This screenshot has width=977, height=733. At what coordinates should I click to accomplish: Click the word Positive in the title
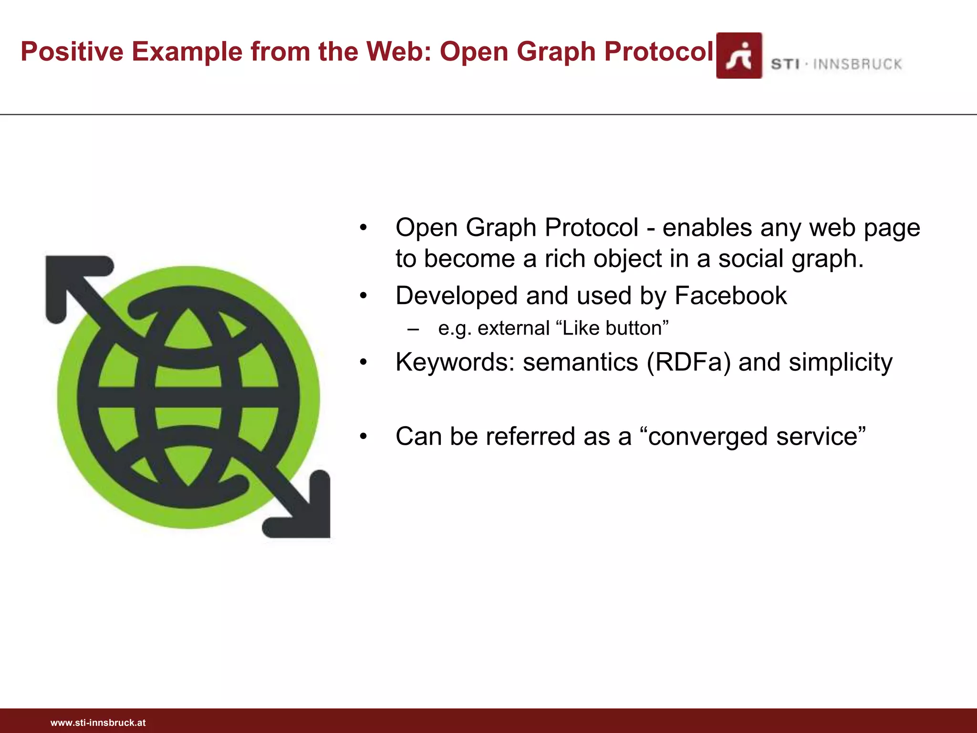[72, 52]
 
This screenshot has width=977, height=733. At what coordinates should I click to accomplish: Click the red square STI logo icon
[739, 56]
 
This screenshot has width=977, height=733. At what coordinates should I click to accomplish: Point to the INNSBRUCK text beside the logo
[857, 64]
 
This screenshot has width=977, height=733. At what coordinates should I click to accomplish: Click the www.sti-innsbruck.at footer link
[98, 723]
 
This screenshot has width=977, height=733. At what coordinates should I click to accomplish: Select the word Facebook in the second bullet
[730, 295]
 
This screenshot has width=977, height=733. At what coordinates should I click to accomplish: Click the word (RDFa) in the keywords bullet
[688, 362]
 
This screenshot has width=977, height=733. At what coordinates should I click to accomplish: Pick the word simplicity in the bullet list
[841, 362]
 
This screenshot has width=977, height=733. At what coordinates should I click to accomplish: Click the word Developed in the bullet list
[457, 295]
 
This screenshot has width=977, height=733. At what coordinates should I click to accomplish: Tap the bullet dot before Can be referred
[364, 436]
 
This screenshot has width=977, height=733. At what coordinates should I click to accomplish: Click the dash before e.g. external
[413, 329]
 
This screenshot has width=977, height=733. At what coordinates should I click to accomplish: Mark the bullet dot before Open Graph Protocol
[364, 228]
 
